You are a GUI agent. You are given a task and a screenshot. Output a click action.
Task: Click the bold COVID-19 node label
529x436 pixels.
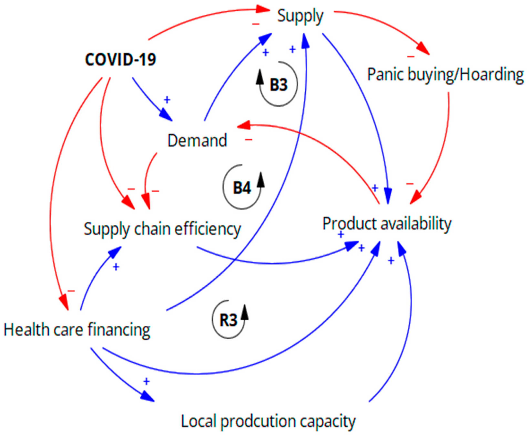(120, 60)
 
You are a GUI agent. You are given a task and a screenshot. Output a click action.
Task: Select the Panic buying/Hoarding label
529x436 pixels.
(445, 75)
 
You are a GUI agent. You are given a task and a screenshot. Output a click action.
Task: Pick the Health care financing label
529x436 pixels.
(77, 330)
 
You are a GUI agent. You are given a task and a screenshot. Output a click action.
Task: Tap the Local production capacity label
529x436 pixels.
(268, 421)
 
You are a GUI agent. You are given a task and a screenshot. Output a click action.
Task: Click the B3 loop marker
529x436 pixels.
(278, 85)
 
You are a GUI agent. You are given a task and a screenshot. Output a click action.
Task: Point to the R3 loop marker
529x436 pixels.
(228, 320)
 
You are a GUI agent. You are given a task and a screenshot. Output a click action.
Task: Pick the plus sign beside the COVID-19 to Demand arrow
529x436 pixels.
(167, 100)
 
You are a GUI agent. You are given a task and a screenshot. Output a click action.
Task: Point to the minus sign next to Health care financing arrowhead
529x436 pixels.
(71, 291)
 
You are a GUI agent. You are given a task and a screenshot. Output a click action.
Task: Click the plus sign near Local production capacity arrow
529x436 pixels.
(146, 382)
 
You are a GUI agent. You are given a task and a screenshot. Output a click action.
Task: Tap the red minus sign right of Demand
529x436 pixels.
(248, 140)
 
